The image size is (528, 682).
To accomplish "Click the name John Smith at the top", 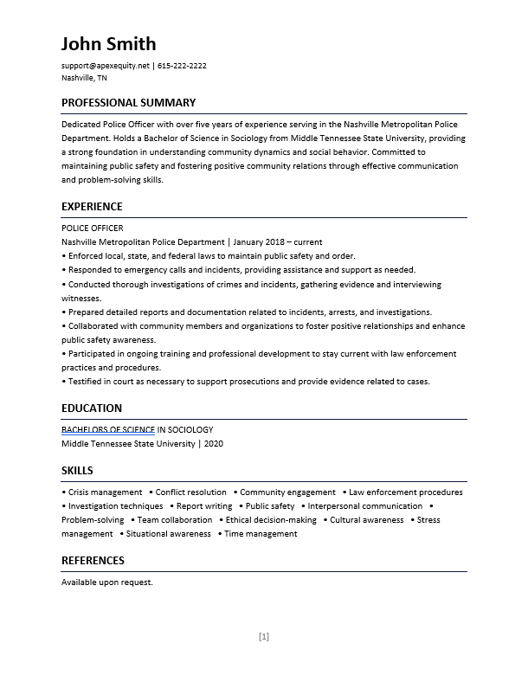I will tap(108, 44).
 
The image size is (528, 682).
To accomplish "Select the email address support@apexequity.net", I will tap(105, 66).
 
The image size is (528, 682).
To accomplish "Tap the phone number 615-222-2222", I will tap(182, 66).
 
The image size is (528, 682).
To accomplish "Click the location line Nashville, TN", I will tap(84, 78).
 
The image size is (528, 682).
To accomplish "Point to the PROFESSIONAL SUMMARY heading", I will tap(128, 103).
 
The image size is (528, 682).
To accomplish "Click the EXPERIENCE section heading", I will tap(92, 207).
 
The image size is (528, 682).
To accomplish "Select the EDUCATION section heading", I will tap(91, 409).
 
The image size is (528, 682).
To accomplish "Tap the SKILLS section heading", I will tap(77, 471).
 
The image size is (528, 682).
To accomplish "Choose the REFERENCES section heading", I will tap(93, 561).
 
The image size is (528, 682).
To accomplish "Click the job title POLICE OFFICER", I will tap(92, 228).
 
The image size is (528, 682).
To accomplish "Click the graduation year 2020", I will tap(214, 444).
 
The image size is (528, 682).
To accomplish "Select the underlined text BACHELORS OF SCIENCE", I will tap(108, 430).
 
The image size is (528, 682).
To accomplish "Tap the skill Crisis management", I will tap(105, 492).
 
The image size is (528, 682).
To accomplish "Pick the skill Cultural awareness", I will tap(367, 520).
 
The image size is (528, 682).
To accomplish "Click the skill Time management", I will tap(261, 534).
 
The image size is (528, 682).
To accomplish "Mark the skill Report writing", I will tap(204, 506).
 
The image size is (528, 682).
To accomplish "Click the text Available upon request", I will tap(106, 582).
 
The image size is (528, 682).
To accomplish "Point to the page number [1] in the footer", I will tap(264, 637).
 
